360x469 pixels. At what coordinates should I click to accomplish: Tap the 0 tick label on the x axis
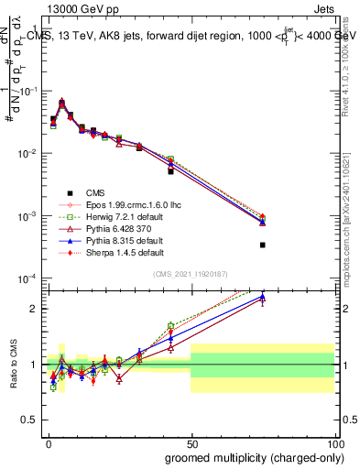point(48,442)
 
